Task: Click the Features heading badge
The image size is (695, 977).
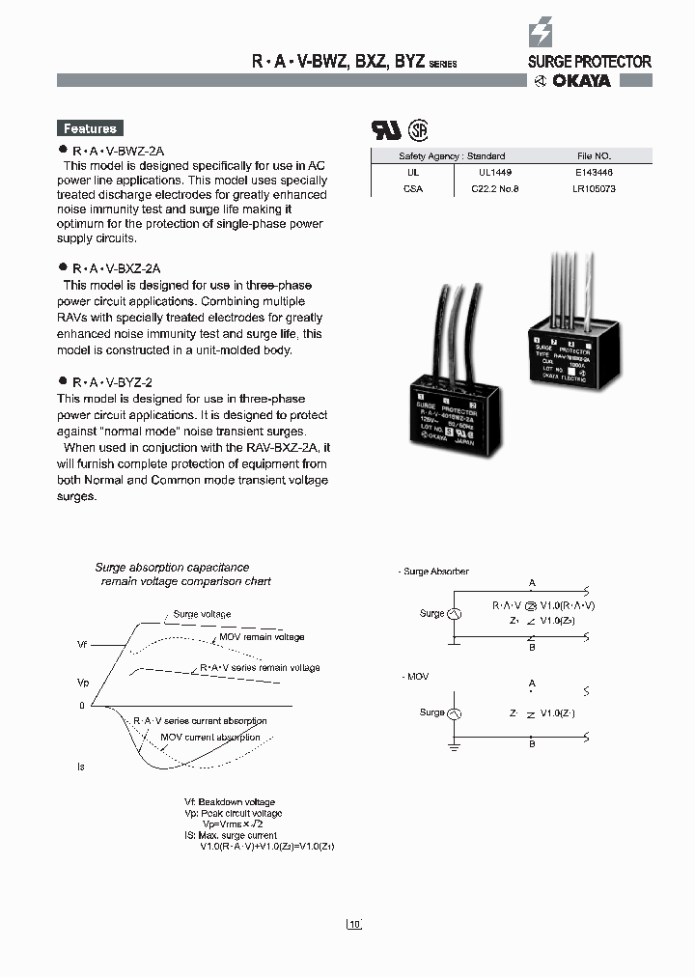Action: pyautogui.click(x=90, y=128)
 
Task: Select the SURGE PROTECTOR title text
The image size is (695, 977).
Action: pyautogui.click(x=589, y=62)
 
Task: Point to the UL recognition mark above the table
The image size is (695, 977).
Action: pyautogui.click(x=386, y=130)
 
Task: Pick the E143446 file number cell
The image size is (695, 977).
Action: pyautogui.click(x=595, y=171)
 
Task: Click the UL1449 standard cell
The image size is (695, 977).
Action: pyautogui.click(x=492, y=171)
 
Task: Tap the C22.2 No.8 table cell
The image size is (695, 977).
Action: pyautogui.click(x=494, y=188)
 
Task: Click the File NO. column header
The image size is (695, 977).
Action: pyautogui.click(x=595, y=155)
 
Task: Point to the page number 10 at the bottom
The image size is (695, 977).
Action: pyautogui.click(x=353, y=924)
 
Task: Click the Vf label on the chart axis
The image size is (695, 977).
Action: pyautogui.click(x=82, y=643)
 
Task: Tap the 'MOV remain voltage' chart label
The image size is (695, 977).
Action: pyautogui.click(x=261, y=637)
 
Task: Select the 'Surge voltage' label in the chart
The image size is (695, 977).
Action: pyautogui.click(x=202, y=614)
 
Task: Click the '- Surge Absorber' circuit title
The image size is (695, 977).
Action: pyautogui.click(x=434, y=572)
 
